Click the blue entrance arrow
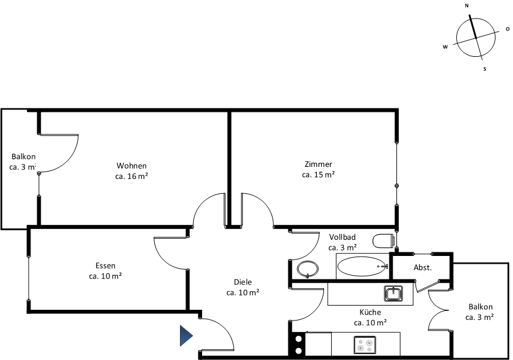coord(186,336)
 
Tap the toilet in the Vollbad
coord(383,241)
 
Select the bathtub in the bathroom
coord(362,267)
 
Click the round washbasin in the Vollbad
coord(307,269)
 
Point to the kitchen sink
coord(393,293)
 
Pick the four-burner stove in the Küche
coord(365,345)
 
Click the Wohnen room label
coord(132,166)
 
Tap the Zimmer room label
coord(318,164)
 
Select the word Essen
coord(105,266)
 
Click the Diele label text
coord(243,282)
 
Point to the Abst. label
coord(423,267)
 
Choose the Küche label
coord(370,312)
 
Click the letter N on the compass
coord(466,5)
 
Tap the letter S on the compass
coord(485,69)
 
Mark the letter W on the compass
coord(445,47)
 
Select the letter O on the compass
coord(508,29)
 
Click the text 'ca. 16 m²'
coord(132,176)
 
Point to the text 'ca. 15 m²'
coord(318,175)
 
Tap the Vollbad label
coord(342,237)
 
